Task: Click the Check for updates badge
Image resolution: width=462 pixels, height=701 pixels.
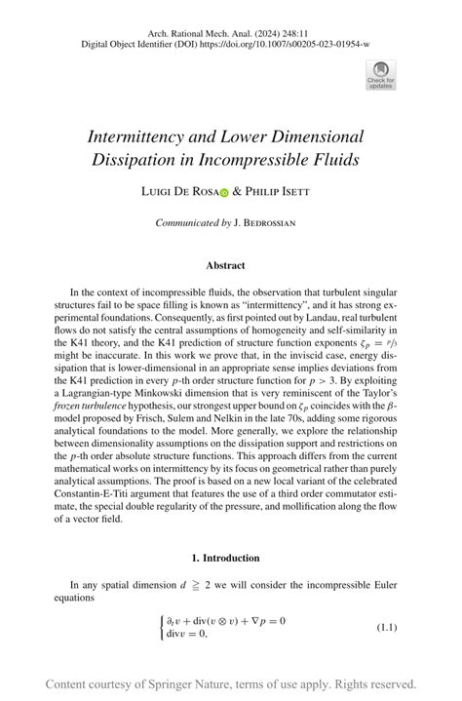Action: coord(380,74)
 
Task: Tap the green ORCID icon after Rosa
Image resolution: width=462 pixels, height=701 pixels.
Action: coord(223,194)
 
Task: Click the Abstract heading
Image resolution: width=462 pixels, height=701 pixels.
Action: coord(225,265)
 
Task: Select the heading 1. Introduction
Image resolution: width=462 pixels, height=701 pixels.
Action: coord(225,558)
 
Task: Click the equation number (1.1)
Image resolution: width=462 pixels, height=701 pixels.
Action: coord(387,627)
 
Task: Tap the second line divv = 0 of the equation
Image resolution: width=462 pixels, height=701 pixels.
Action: coord(189,634)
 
